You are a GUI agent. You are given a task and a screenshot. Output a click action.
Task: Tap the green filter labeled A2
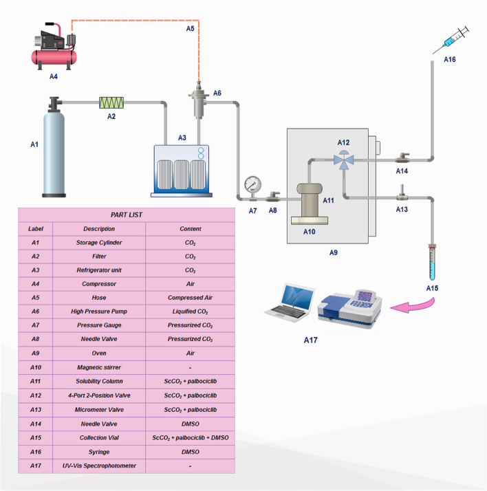coord(111,102)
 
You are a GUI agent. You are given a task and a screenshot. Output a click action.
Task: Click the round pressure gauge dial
coord(252,184)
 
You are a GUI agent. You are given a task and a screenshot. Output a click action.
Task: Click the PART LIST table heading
coord(127,215)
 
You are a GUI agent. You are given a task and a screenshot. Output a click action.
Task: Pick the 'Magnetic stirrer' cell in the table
coord(99,366)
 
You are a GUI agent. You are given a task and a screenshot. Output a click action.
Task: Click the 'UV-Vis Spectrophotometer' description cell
coord(99,466)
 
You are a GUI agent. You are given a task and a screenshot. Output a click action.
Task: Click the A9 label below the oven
coord(334,252)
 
